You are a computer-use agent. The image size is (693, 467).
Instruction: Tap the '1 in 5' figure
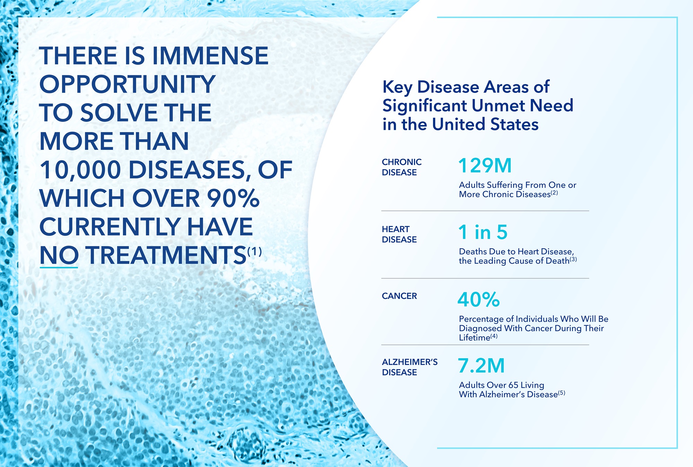click(482, 232)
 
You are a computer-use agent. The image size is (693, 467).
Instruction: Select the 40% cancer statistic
click(478, 300)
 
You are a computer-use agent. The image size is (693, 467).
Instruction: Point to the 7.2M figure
click(481, 366)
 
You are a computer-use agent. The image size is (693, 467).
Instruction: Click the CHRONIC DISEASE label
click(401, 167)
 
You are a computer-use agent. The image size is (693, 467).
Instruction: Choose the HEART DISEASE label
click(399, 234)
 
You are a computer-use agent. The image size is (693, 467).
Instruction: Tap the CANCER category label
click(399, 296)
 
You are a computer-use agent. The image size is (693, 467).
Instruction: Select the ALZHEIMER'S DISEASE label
click(409, 367)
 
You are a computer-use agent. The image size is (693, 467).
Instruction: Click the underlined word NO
click(59, 256)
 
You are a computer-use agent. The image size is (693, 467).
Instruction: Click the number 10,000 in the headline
click(80, 170)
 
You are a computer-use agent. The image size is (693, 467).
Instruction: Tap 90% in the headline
click(233, 199)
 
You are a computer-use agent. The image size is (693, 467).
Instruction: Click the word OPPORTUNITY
click(128, 85)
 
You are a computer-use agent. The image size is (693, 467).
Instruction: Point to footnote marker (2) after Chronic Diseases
click(554, 193)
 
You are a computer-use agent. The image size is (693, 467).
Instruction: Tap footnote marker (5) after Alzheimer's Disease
click(562, 393)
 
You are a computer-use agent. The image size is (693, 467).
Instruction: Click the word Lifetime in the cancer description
click(474, 338)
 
